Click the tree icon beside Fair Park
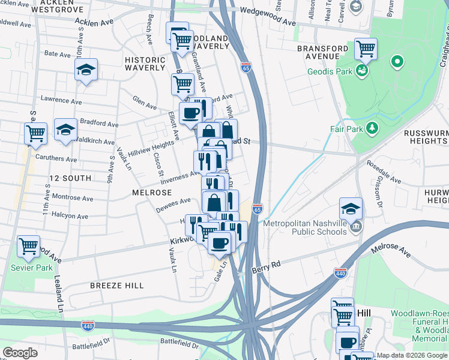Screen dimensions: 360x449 [372, 128]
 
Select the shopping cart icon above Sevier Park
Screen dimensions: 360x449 [28, 245]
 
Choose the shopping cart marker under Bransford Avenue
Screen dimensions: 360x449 [365, 49]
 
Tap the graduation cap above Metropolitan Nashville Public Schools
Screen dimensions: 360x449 [351, 208]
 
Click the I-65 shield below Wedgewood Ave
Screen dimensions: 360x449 [246, 66]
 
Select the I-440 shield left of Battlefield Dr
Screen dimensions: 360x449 [88, 325]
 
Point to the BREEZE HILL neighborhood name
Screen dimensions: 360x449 [117, 286]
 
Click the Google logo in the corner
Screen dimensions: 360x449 [20, 353]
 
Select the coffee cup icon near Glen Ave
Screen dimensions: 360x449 [191, 112]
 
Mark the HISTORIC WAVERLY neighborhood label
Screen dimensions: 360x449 [145, 64]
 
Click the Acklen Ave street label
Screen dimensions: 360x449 [94, 22]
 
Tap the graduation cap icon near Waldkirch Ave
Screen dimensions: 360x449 [65, 129]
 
